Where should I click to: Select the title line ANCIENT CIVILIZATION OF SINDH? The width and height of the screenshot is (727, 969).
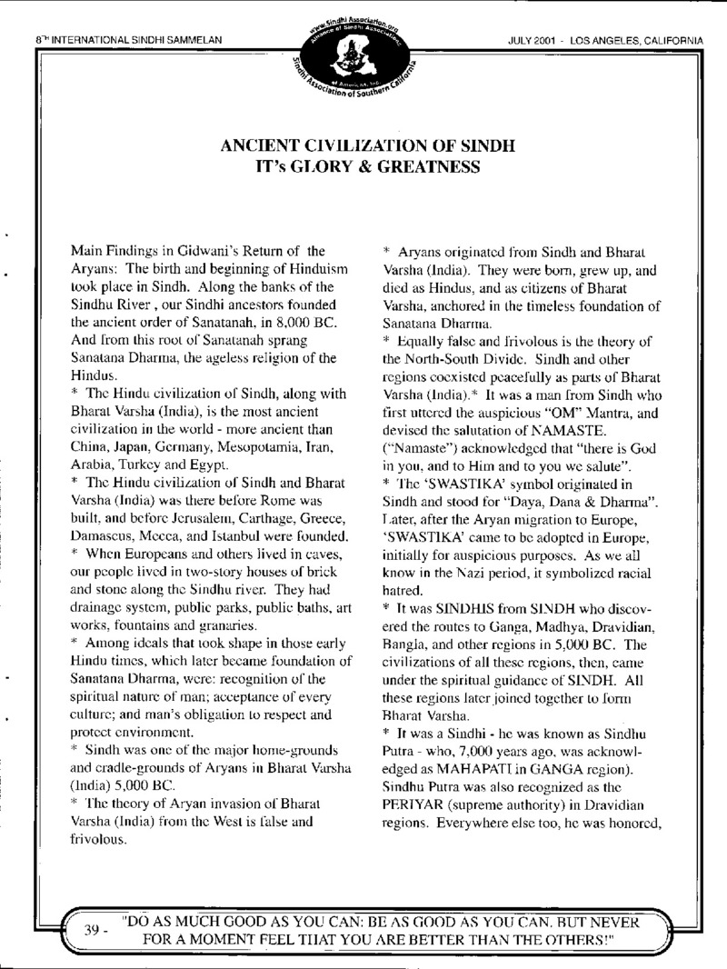363,146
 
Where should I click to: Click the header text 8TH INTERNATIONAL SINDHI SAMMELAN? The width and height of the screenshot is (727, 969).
117,15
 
